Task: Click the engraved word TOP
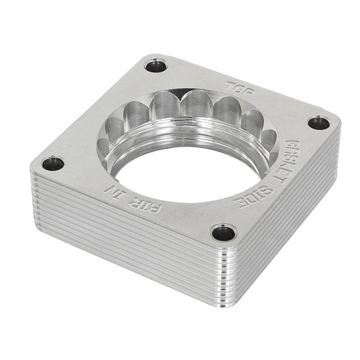tap(240, 87)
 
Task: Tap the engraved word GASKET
tap(286, 161)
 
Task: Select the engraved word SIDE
tap(253, 197)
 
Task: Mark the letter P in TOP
tap(248, 90)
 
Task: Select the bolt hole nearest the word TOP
tap(156, 66)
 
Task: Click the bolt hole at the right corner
tap(319, 122)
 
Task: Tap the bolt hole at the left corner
tap(53, 163)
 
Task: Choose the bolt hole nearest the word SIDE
tap(224, 232)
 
